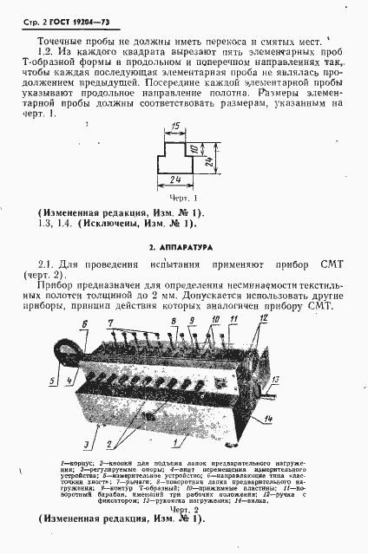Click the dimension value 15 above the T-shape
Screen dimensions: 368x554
tap(175, 127)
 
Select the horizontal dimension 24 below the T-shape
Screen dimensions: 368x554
tap(176, 181)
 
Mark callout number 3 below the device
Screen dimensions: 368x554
tap(84, 443)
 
